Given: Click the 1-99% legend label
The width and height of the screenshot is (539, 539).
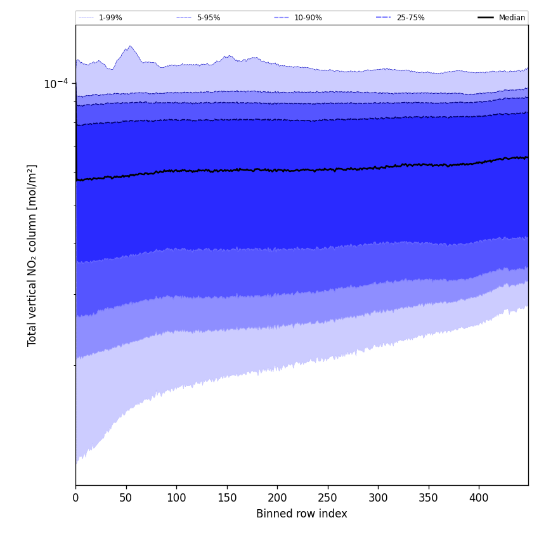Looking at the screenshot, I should (x=110, y=18).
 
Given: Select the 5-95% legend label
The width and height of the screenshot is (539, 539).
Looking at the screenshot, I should (x=209, y=18).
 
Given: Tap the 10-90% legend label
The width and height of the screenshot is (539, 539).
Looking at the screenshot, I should (x=308, y=18).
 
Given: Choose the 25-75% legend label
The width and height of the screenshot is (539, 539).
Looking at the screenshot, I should (x=410, y=18).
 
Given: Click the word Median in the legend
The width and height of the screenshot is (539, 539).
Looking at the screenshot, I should (x=512, y=18).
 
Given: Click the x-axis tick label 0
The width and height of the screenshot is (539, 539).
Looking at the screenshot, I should (x=75, y=498).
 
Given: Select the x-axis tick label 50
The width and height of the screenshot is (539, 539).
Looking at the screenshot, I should (x=126, y=498).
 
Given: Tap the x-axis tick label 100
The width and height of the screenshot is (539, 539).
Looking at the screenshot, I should (x=176, y=498).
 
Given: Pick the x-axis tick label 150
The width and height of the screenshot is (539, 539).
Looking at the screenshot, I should (x=226, y=498).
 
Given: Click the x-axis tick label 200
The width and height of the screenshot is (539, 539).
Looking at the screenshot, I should (x=277, y=498).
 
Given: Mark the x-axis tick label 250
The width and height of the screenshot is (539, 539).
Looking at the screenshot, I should (x=327, y=498).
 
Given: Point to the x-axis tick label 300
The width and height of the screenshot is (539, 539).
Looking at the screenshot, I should (x=378, y=498).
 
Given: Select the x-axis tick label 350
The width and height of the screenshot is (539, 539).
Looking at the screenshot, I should (x=428, y=498).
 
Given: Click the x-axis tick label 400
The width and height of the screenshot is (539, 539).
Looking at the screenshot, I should (x=479, y=498).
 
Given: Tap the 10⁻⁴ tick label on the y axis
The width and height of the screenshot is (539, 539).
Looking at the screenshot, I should (x=56, y=84).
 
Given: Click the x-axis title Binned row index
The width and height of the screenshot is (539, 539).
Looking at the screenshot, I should (x=302, y=514).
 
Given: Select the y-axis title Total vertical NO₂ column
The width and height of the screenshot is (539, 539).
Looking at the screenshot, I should (x=32, y=255).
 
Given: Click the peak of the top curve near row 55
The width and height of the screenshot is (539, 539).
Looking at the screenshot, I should (x=130, y=46).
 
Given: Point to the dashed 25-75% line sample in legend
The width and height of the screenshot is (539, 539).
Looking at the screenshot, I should (x=383, y=18).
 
